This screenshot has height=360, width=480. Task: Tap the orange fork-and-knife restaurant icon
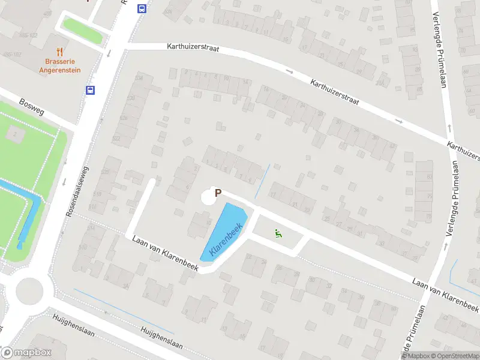click(59, 52)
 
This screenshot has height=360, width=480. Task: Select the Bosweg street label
click(32, 106)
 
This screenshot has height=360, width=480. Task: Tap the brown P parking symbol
click(218, 193)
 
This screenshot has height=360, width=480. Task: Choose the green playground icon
click(278, 233)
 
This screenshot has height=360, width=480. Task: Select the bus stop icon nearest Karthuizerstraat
click(142, 8)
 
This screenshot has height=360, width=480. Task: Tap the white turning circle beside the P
click(208, 196)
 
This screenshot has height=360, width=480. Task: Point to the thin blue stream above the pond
click(262, 181)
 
